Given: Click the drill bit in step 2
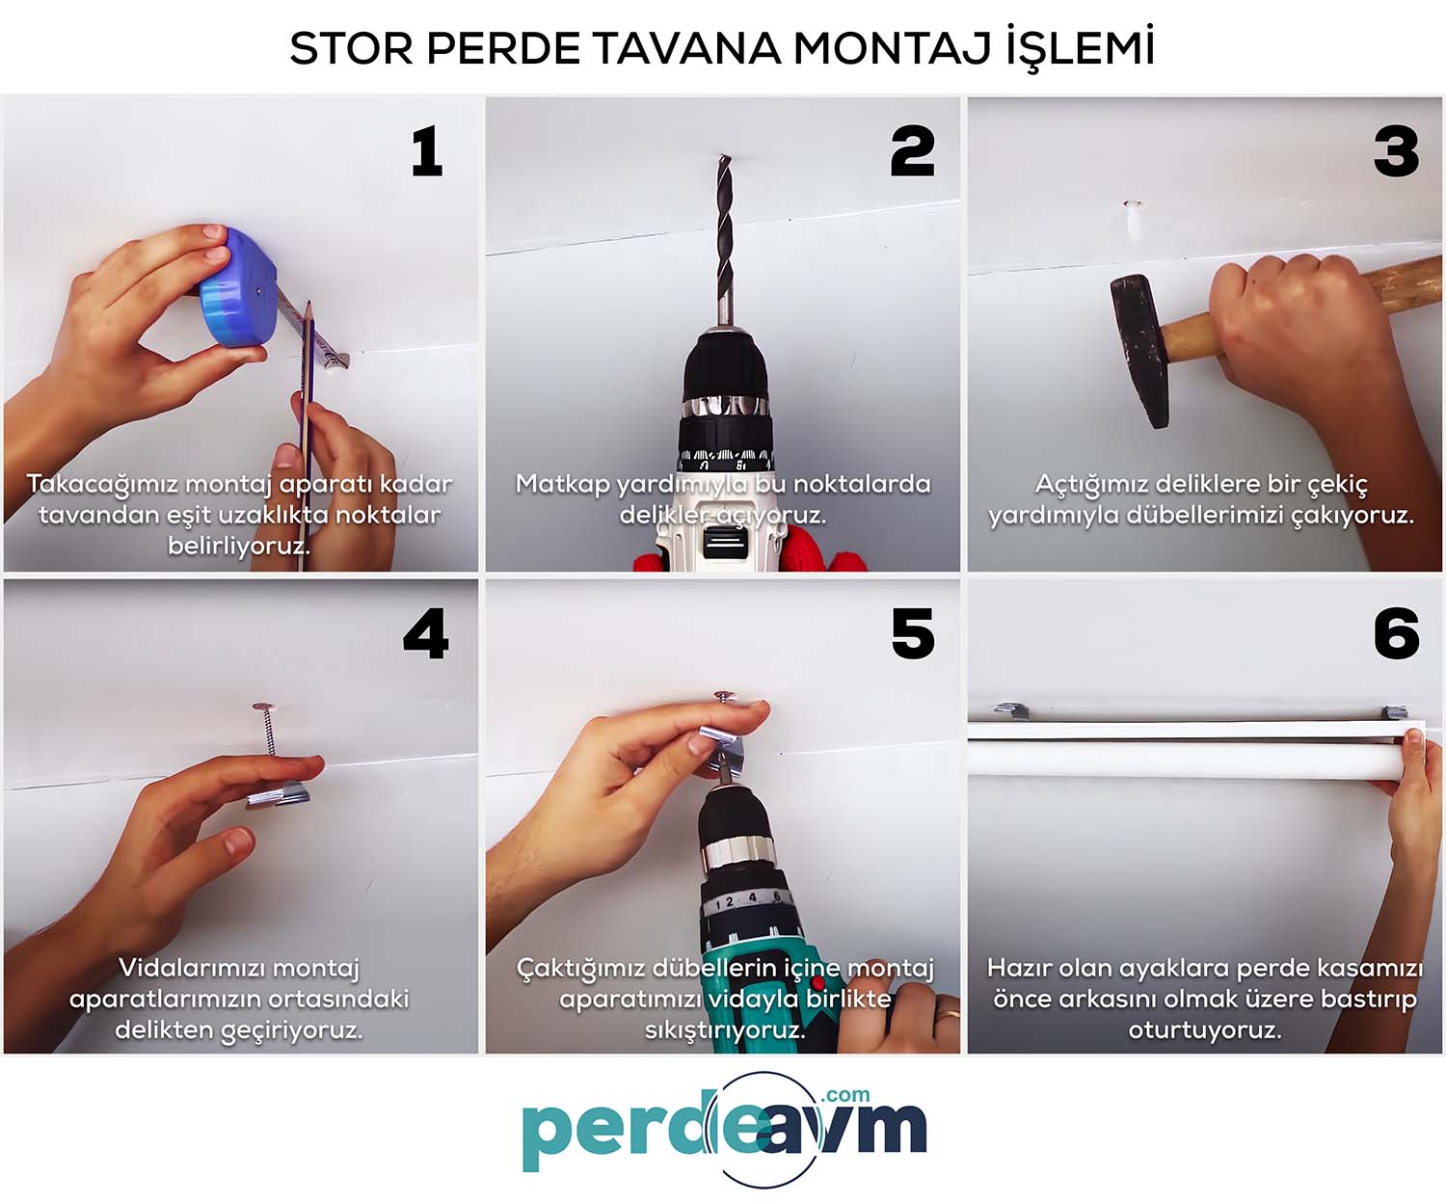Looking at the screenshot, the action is (x=724, y=239).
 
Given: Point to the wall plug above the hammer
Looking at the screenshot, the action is (x=1133, y=222).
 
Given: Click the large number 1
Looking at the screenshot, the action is (x=427, y=150).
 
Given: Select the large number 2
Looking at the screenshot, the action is (x=912, y=150).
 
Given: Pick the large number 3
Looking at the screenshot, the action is (x=1396, y=150).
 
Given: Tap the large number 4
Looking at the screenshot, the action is (x=426, y=633).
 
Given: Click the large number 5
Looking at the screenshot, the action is (x=913, y=633).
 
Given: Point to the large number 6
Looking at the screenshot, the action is (x=1396, y=633).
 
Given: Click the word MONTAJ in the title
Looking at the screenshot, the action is (x=891, y=48).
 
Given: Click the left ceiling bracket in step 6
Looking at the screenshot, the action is (x=1011, y=710).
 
